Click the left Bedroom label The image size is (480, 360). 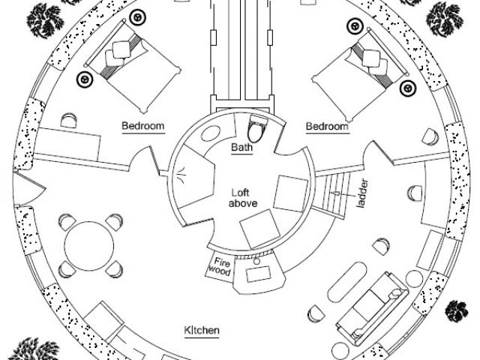(x=142, y=126)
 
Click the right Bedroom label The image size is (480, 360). (x=327, y=127)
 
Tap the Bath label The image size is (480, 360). (x=241, y=147)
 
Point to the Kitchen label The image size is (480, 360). (x=202, y=329)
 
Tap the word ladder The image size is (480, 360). (x=363, y=194)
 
